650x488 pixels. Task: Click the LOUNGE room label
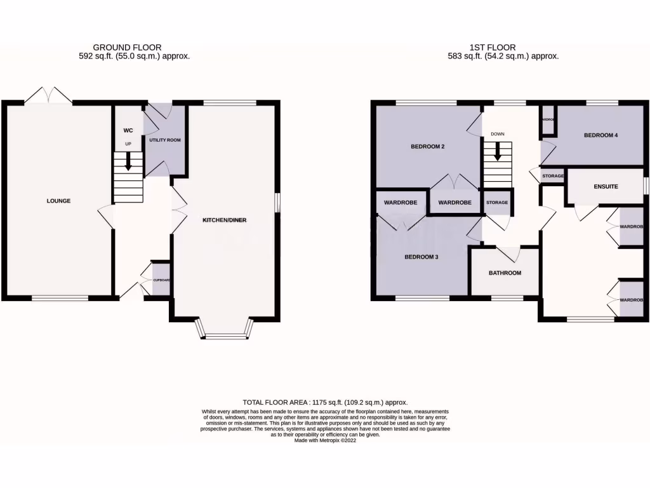[58, 201]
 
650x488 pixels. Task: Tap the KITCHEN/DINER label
[224, 220]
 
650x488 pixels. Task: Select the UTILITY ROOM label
[165, 139]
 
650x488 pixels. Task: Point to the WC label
[128, 131]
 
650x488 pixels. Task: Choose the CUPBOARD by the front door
[161, 280]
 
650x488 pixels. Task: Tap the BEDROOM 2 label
[425, 147]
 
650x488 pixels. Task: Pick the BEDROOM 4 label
[600, 135]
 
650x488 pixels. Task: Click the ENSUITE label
[606, 186]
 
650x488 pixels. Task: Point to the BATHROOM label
[505, 273]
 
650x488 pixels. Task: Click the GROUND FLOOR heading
[127, 47]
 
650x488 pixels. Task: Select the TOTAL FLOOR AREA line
[325, 402]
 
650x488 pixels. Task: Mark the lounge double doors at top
[48, 97]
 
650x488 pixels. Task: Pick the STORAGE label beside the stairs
[497, 203]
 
